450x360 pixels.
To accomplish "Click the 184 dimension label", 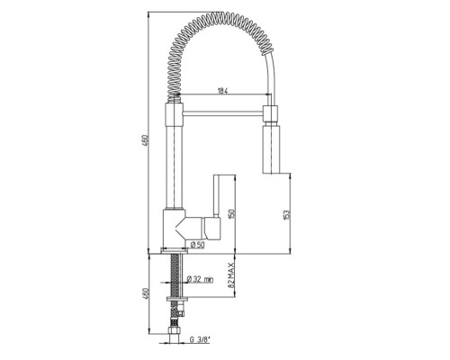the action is pos(222,91).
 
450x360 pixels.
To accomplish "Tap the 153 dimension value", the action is pos(286,215).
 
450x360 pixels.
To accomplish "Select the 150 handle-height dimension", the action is pos(231,213).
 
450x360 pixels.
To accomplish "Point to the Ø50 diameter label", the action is pos(197,245).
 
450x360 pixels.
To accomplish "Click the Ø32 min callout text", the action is pos(200,279).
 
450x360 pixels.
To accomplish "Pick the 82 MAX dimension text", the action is pos(231,275).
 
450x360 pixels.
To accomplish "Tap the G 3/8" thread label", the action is pos(200,339).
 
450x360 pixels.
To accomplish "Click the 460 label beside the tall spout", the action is pos(145,141).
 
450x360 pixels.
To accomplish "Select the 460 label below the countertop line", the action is pos(145,294).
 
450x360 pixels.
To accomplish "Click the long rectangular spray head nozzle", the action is pos(272,149).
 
